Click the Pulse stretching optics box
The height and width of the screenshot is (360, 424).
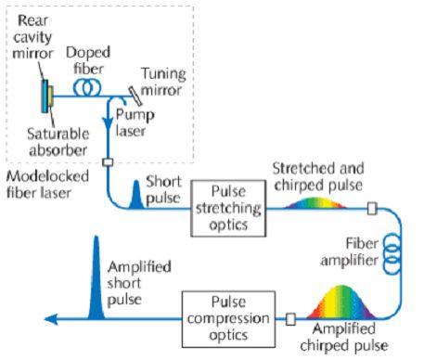[228, 209]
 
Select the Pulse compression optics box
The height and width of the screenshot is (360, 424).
[228, 319]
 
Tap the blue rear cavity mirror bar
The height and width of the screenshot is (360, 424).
[45, 96]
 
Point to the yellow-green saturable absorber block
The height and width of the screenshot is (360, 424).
[50, 96]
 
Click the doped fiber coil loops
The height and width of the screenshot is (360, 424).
[87, 87]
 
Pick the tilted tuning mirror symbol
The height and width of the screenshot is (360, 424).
[135, 96]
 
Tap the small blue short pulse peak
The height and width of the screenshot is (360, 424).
[135, 195]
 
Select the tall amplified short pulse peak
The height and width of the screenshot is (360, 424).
[96, 277]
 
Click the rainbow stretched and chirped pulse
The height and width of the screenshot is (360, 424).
[315, 203]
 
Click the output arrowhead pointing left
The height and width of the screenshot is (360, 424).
[51, 319]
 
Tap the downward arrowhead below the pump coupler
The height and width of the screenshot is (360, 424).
[109, 124]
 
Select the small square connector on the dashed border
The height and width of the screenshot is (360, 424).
[108, 162]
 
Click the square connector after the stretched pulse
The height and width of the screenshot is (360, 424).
[372, 209]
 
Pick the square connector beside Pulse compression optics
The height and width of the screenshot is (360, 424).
[290, 319]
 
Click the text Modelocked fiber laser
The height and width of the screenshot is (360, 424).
[47, 185]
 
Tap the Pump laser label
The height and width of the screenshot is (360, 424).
[135, 122]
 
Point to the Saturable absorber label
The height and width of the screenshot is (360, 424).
[58, 142]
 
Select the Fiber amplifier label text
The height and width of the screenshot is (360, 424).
[349, 252]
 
